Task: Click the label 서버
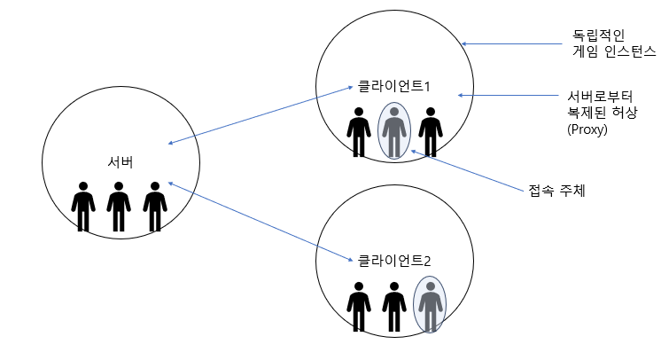click(x=118, y=161)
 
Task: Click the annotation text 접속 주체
click(x=551, y=190)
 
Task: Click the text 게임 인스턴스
click(x=613, y=53)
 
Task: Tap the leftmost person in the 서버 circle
click(x=83, y=207)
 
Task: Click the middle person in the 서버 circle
click(x=119, y=207)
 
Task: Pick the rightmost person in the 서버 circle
click(x=155, y=207)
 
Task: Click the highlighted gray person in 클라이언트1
click(x=394, y=131)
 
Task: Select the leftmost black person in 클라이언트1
click(x=359, y=132)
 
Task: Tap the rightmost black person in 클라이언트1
click(x=431, y=132)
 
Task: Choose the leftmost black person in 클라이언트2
click(x=359, y=307)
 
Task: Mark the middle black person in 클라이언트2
click(x=394, y=307)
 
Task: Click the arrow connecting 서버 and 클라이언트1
click(x=258, y=115)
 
